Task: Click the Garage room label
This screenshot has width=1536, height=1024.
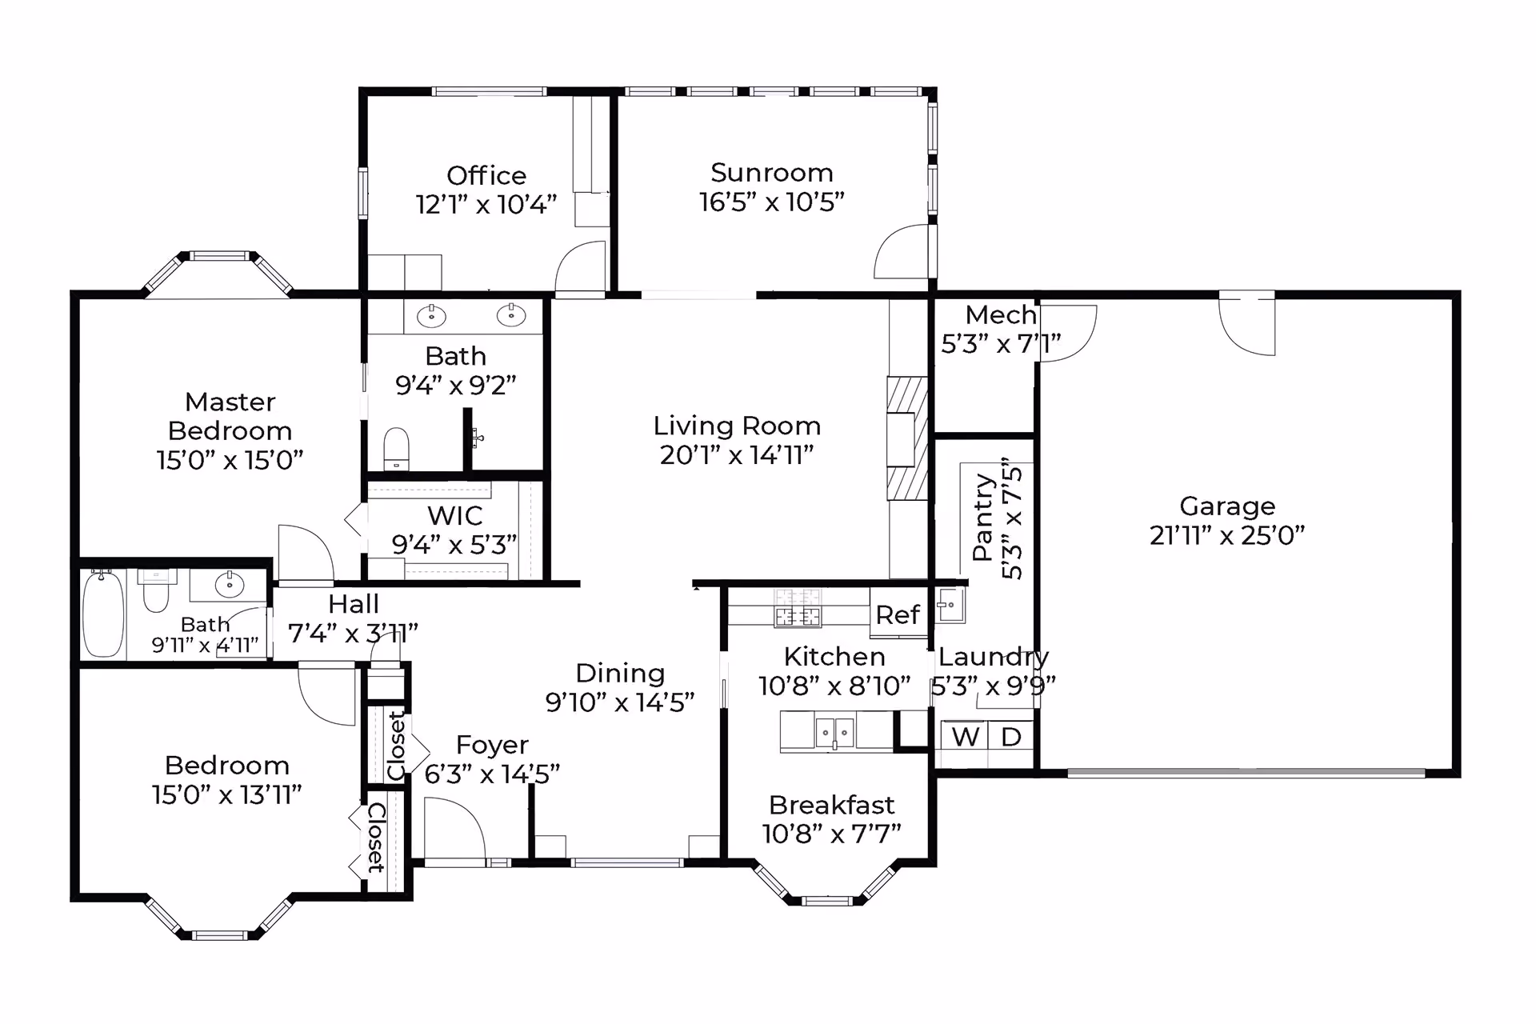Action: [1227, 506]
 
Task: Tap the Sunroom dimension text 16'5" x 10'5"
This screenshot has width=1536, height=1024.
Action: [772, 202]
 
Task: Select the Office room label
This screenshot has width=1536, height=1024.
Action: [486, 175]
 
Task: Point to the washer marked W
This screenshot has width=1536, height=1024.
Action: [965, 736]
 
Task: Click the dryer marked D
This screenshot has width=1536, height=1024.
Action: [1011, 736]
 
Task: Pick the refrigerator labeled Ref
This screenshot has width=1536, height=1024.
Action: [898, 614]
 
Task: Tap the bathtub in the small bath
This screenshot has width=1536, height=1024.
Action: [103, 614]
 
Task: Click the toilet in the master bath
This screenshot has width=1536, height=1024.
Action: [396, 448]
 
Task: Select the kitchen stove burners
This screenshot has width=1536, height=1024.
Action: [798, 608]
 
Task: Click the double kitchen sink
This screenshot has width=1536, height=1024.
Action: [834, 732]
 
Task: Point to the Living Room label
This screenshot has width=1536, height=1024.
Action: [737, 426]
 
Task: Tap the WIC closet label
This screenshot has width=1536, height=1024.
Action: [455, 515]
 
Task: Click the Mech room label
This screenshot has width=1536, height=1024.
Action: [1001, 315]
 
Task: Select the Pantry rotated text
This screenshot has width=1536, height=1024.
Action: [983, 517]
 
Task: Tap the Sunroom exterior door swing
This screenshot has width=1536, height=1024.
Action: [902, 251]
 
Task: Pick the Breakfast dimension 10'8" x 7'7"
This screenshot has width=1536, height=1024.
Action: [832, 834]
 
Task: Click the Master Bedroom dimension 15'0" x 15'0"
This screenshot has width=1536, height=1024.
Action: [230, 460]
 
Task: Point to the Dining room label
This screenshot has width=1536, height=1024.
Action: [620, 674]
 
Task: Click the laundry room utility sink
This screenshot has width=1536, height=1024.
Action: [950, 605]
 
